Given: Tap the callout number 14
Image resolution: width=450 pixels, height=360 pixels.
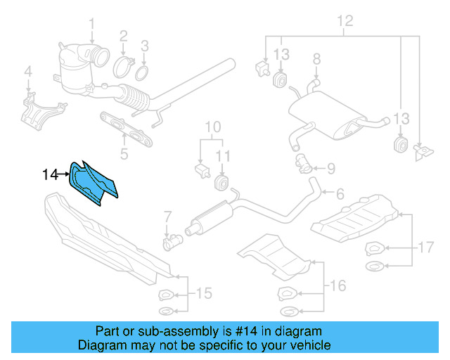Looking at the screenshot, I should pyautogui.click(x=49, y=174).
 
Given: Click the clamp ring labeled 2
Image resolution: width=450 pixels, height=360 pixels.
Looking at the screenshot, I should pyautogui.click(x=124, y=68).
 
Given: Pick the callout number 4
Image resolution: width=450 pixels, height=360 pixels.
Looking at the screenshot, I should pyautogui.click(x=28, y=71).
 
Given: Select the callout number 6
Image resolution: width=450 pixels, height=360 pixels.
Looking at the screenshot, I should pyautogui.click(x=339, y=193).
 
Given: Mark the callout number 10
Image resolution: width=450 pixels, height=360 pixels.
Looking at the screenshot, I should pyautogui.click(x=212, y=127).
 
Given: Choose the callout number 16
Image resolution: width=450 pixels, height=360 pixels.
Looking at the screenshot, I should pyautogui.click(x=338, y=285).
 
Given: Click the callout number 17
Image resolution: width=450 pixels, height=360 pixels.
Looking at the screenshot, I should pyautogui.click(x=426, y=247).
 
